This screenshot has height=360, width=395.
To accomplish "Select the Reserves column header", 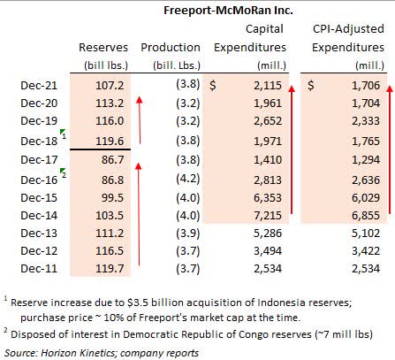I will (103, 47).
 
